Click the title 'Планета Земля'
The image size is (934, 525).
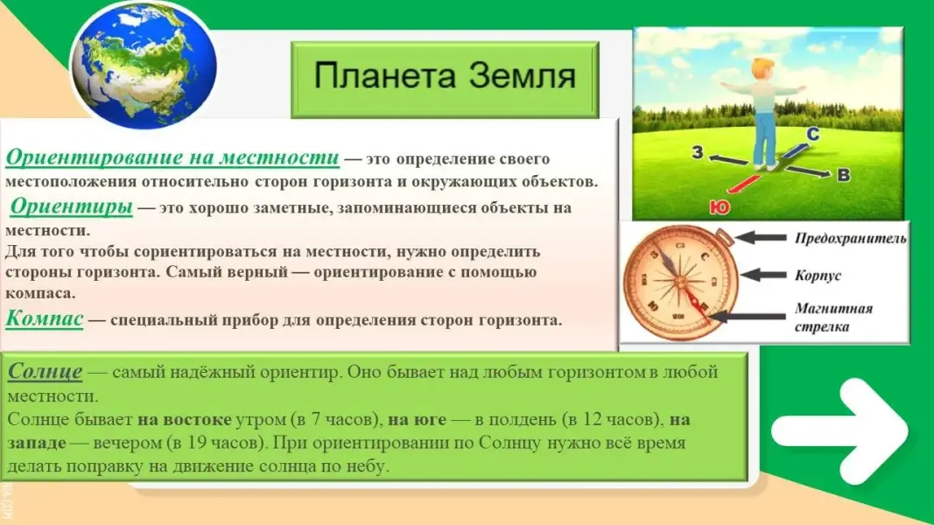click(445, 76)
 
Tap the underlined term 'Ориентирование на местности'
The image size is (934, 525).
click(172, 157)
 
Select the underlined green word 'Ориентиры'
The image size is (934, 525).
click(72, 206)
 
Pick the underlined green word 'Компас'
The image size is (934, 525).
click(45, 318)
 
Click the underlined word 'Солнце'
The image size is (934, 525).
click(46, 371)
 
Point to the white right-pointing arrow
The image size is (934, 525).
click(839, 430)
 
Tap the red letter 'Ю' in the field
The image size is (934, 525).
click(720, 206)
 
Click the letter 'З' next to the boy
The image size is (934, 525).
click(698, 152)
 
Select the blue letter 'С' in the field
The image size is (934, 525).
click(813, 135)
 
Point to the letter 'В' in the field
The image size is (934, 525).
click(844, 175)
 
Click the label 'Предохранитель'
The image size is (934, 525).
click(851, 239)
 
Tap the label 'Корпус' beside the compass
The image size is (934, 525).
click(818, 275)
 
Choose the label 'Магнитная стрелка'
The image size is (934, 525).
click(833, 318)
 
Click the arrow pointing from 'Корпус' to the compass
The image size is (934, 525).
click(762, 275)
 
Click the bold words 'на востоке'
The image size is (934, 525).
click(185, 420)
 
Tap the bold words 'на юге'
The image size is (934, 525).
click(417, 420)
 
